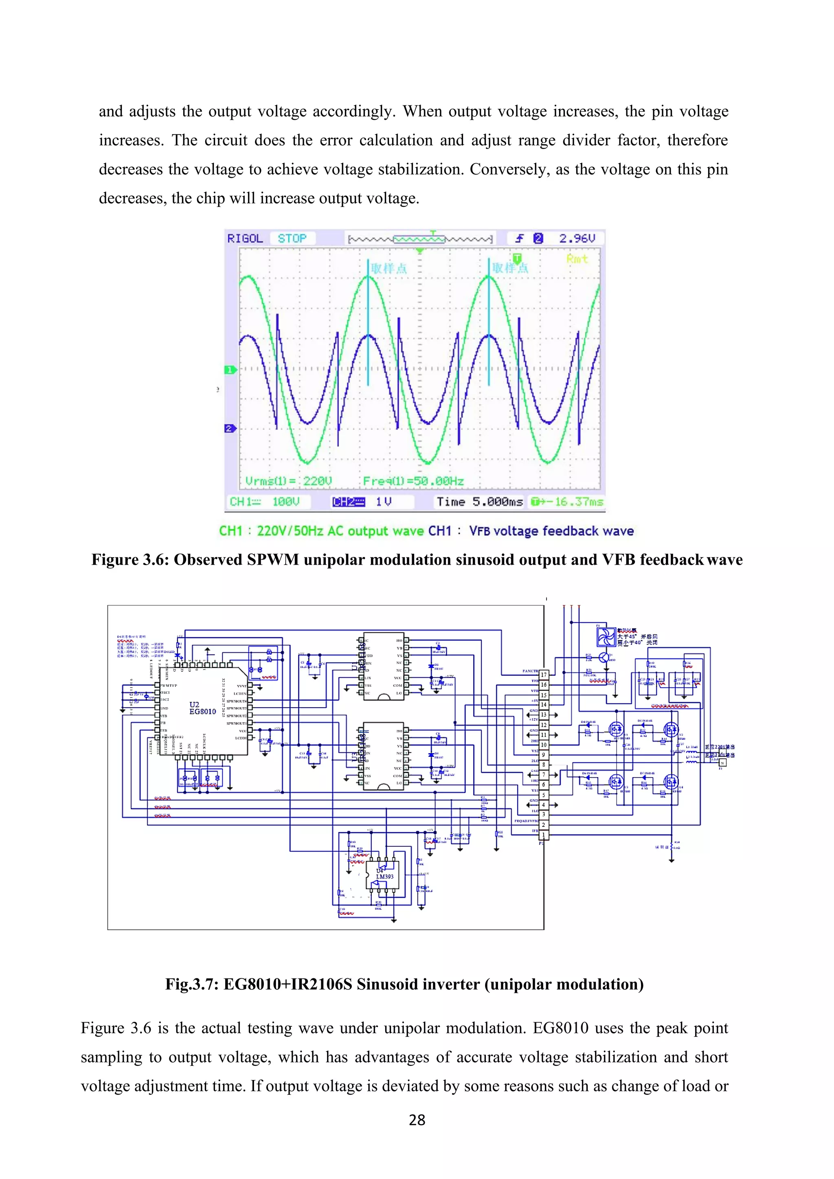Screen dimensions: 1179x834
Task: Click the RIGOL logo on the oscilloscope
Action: click(x=245, y=238)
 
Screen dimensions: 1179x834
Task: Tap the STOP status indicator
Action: click(x=292, y=238)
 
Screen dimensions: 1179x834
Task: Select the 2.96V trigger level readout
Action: click(x=577, y=238)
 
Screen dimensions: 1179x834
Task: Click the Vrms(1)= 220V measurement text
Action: click(x=289, y=481)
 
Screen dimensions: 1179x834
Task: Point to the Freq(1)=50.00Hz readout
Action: click(x=413, y=481)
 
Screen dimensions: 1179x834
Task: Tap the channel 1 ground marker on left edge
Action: click(x=230, y=370)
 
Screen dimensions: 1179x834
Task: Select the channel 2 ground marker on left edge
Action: click(x=230, y=428)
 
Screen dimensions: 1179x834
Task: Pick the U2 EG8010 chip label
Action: click(x=202, y=708)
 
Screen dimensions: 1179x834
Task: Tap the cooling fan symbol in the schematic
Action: click(x=606, y=637)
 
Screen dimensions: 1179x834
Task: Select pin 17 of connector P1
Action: click(x=544, y=675)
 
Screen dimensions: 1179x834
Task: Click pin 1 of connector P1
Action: click(x=544, y=835)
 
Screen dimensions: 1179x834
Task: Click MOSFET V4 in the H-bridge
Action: click(x=671, y=782)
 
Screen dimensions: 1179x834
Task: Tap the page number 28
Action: click(x=417, y=1120)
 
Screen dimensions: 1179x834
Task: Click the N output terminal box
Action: click(x=722, y=763)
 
